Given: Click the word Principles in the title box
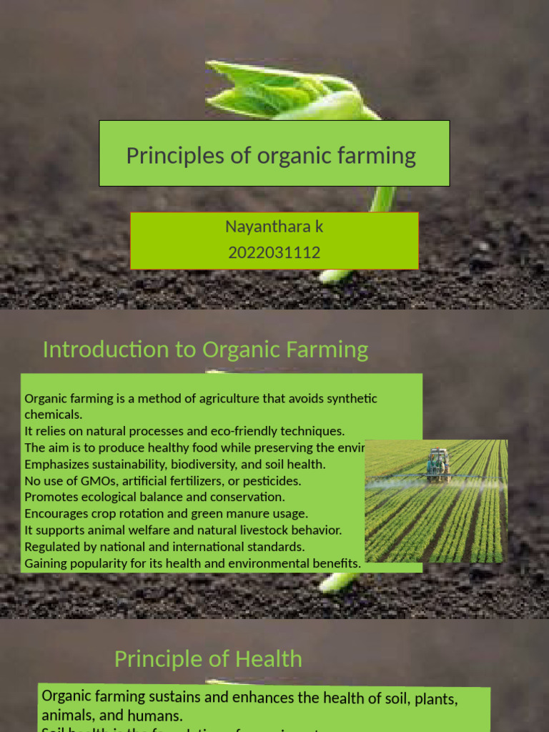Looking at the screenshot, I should (162, 155).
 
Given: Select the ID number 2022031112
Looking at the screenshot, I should (274, 252).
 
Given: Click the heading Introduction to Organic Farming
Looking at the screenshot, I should (205, 350).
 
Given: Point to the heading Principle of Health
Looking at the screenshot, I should (208, 658).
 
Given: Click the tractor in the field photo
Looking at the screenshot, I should (437, 465).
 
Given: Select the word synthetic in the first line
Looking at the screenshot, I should (351, 398).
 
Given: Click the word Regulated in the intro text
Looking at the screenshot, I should (51, 546).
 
